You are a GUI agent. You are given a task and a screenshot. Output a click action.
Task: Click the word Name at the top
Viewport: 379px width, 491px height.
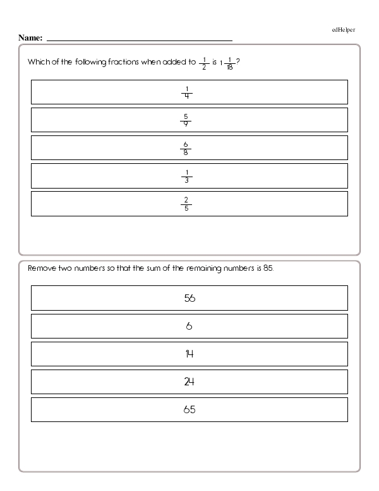[30, 38]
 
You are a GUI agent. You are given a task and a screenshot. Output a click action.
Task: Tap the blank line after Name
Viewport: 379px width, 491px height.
[139, 39]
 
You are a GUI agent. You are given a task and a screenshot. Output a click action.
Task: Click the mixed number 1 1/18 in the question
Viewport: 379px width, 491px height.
[227, 63]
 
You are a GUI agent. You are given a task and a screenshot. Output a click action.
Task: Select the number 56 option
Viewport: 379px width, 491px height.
[189, 298]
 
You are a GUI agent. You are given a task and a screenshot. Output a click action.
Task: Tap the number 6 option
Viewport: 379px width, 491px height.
[189, 326]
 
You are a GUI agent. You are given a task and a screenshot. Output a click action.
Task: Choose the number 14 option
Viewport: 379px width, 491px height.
[189, 354]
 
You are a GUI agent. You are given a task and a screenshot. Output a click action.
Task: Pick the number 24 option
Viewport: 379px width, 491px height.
[189, 382]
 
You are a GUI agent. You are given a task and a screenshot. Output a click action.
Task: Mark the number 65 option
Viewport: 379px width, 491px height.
[189, 409]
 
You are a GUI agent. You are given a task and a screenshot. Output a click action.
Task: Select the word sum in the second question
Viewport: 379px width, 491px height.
[171, 268]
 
